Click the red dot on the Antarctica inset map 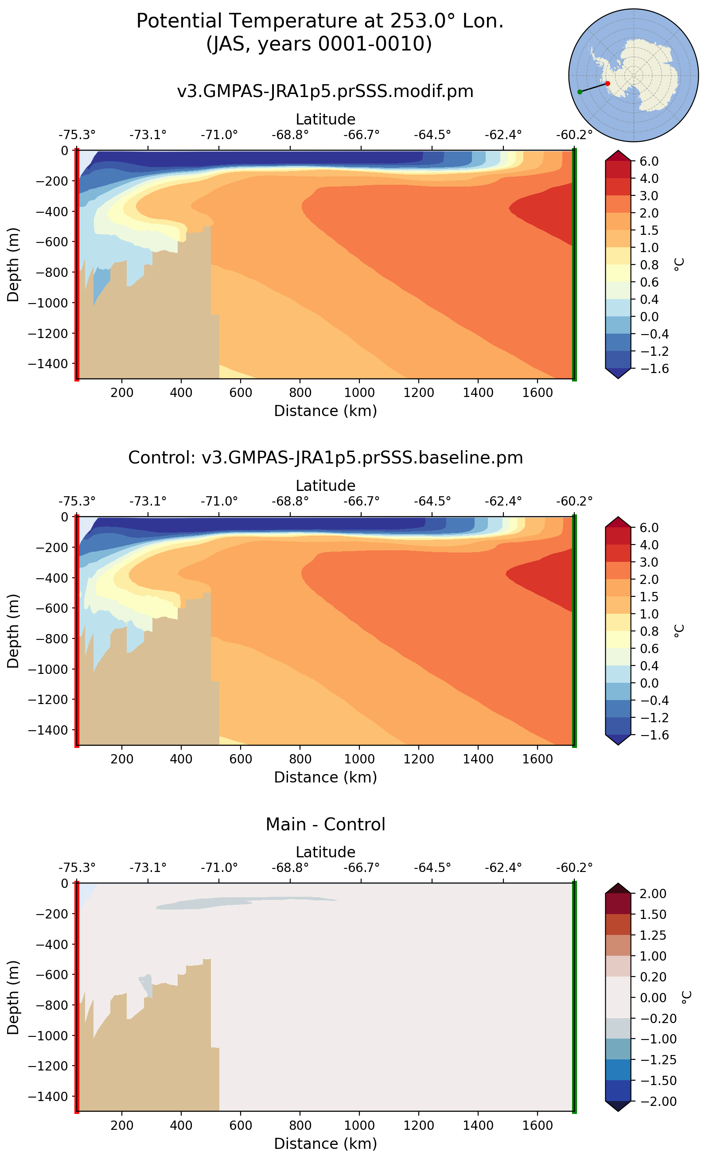(608, 83)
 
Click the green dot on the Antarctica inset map (580, 92)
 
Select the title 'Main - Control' (325, 824)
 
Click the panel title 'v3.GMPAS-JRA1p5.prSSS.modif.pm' (325, 91)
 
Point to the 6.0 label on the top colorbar (649, 161)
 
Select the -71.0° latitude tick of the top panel (219, 135)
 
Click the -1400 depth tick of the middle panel (48, 730)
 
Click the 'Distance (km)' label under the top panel (325, 411)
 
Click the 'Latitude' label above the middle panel (325, 485)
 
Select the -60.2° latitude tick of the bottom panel (574, 868)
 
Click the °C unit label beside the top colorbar (679, 265)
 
